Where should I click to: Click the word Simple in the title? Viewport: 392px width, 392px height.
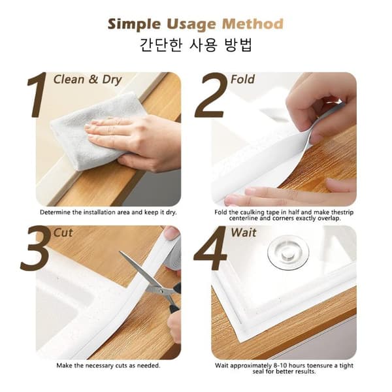[134, 25]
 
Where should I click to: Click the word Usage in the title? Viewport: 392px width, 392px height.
[191, 25]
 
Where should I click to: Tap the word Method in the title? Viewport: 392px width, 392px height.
[253, 24]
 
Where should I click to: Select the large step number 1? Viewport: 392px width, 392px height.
[37, 95]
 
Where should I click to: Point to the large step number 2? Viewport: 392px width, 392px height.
[211, 95]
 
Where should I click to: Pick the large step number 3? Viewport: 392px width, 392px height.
[35, 248]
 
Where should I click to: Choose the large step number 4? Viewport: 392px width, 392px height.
[210, 248]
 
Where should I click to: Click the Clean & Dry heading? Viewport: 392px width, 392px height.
[88, 80]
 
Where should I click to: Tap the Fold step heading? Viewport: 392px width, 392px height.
[242, 79]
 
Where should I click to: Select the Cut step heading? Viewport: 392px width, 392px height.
[63, 233]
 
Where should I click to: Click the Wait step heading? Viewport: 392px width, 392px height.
[244, 233]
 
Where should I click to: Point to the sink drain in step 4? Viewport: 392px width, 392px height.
[288, 252]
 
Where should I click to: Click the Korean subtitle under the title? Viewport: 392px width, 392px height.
[195, 45]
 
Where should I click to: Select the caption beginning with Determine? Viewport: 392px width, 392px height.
[108, 212]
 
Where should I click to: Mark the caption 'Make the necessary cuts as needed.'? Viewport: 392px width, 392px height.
[108, 365]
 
